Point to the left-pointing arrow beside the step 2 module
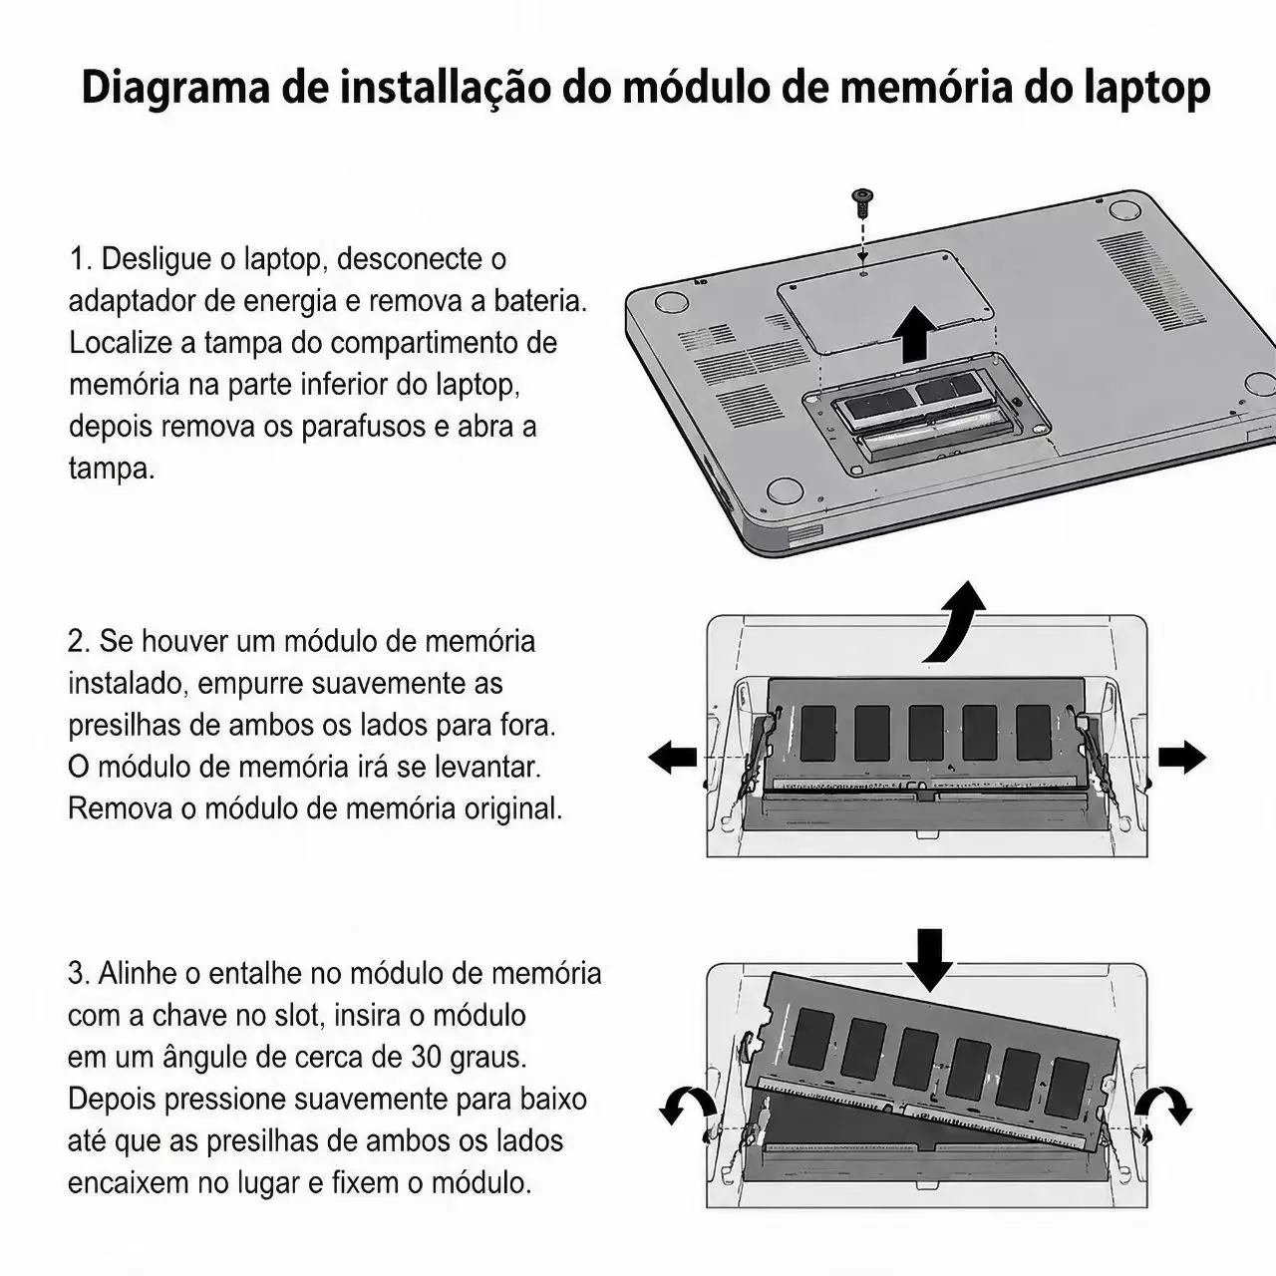point(672,757)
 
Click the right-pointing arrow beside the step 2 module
point(1182,757)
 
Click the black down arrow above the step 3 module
point(930,960)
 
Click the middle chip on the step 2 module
point(926,733)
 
